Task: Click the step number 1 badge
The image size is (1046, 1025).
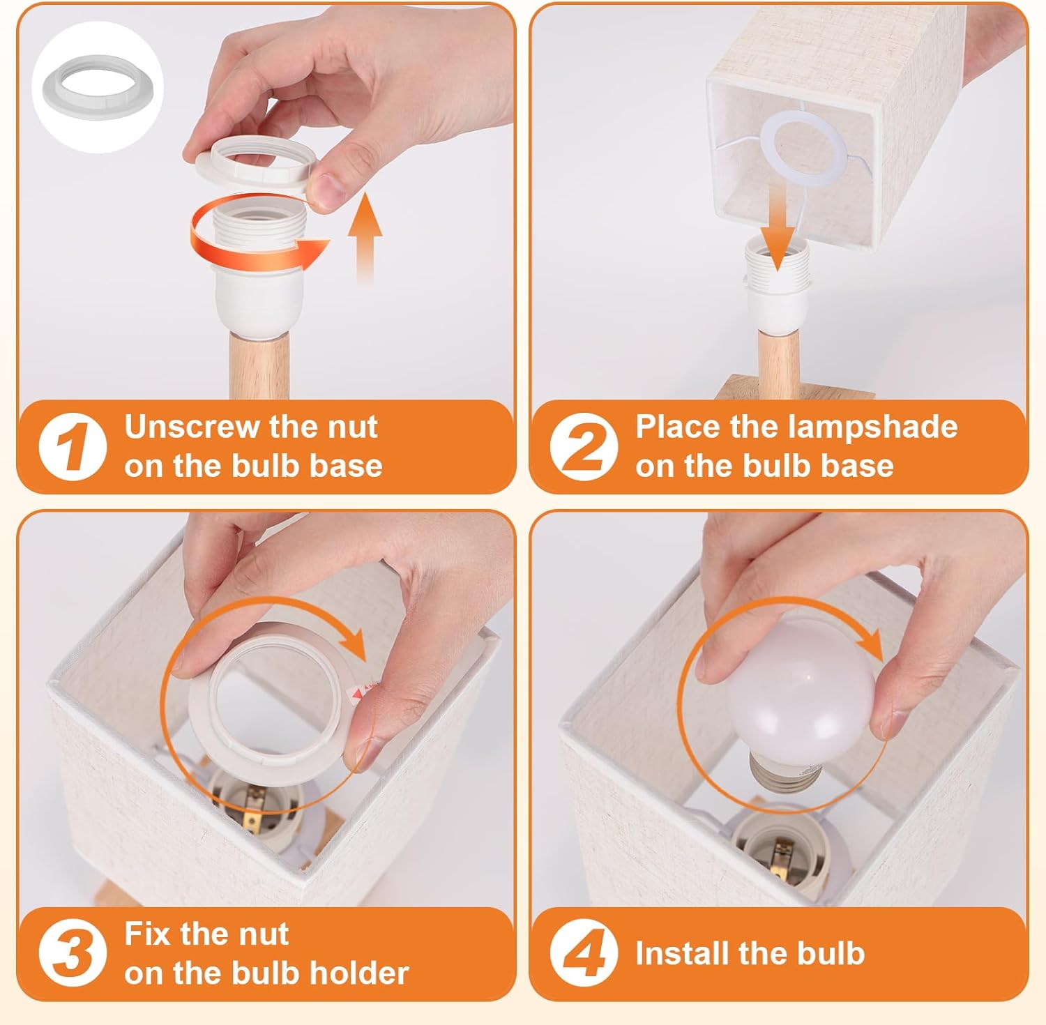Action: [x=73, y=446]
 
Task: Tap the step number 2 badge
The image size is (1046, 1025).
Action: [x=584, y=446]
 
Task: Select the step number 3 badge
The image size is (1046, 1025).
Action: [x=73, y=953]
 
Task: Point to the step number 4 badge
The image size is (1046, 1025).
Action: [x=584, y=953]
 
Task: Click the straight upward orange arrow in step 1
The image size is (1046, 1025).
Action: [x=365, y=238]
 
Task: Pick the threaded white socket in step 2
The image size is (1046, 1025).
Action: [x=777, y=279]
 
